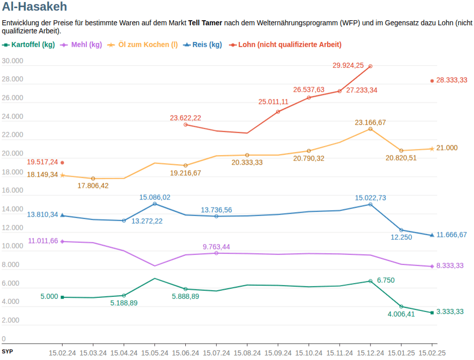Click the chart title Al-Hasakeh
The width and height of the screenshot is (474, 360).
tap(34, 7)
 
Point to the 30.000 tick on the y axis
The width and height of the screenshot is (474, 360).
tap(13, 61)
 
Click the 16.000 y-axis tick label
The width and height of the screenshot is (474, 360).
tap(13, 191)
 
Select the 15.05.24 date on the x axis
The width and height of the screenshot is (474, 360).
tap(154, 353)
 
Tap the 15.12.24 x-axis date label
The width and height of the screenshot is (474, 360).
tap(370, 353)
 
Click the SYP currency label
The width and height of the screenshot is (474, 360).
tap(7, 351)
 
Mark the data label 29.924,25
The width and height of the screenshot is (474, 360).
tap(348, 65)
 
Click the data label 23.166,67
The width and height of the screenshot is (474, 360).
tap(370, 122)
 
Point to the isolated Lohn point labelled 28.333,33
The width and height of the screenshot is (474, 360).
tap(432, 81)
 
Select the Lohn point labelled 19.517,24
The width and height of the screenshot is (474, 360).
tap(62, 163)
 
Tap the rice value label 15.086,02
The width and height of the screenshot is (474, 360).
tap(154, 197)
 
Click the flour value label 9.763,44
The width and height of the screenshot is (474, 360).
tap(216, 246)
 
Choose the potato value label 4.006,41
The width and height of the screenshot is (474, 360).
tap(401, 314)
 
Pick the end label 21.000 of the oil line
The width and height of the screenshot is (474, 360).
tap(447, 148)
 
